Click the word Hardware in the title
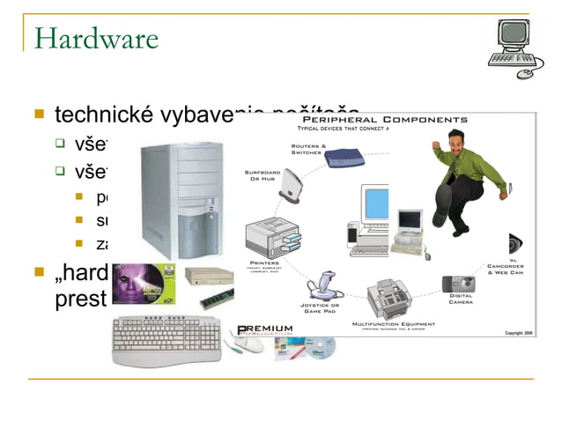click(96, 39)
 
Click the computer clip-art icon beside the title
click(516, 48)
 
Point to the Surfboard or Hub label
click(263, 177)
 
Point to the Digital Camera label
click(461, 299)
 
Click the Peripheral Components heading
click(385, 119)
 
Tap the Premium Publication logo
click(263, 331)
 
